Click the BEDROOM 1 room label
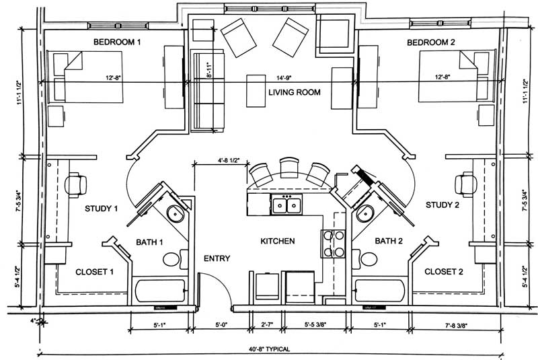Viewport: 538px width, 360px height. tap(117, 42)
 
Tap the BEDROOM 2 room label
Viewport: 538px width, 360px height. tap(431, 42)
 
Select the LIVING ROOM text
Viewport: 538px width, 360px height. tap(295, 92)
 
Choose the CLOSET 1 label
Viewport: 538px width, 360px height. tap(93, 272)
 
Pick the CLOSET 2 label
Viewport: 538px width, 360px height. tap(444, 272)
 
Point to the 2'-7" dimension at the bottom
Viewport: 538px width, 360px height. tap(266, 324)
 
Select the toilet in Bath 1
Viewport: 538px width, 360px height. tap(171, 258)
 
